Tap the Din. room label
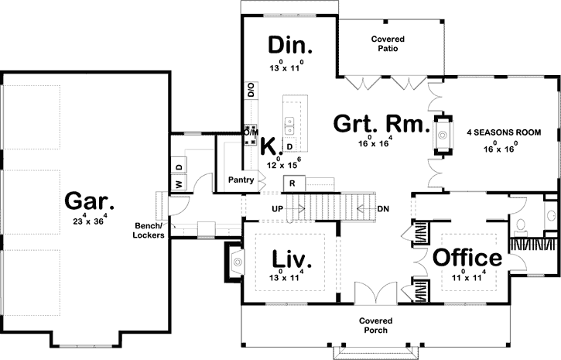pos(288,45)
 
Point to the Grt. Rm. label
pos(381,124)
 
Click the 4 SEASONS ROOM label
pos(503,132)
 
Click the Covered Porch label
pos(375,325)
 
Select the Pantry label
pos(241,180)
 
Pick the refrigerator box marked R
pos(293,183)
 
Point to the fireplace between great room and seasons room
pos(443,134)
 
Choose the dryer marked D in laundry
pos(179,166)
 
